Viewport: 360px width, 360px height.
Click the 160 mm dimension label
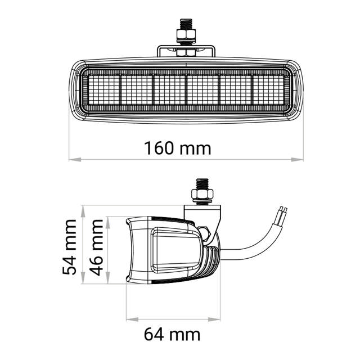click(177, 148)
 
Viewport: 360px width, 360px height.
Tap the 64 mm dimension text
click(172, 335)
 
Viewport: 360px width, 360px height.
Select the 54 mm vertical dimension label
click(69, 247)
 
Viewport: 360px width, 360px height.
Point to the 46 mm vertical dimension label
click(96, 247)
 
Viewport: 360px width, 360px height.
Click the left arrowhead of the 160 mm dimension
click(75, 159)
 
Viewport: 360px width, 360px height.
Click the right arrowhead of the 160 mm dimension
click(297, 159)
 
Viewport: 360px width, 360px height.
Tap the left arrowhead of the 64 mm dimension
click(132, 319)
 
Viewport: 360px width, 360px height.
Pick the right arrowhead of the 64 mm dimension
click(214, 319)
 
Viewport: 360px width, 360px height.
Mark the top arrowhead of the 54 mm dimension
click(83, 211)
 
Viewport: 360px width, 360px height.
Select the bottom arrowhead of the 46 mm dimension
click(108, 278)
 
